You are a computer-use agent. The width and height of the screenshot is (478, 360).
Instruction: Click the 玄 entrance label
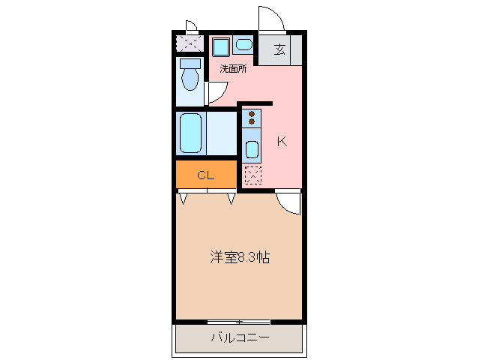280,50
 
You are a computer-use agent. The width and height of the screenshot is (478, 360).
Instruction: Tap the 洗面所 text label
233,69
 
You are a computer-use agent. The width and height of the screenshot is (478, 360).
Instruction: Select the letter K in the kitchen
282,141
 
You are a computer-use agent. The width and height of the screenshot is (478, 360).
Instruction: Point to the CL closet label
206,175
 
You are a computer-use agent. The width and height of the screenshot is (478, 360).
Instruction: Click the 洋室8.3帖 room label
239,258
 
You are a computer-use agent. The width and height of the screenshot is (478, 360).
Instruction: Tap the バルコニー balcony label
239,337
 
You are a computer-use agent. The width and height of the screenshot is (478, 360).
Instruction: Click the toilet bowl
190,78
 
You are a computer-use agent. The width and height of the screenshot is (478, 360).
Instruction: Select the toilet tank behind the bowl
191,63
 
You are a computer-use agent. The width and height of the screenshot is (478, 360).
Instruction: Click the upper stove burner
252,114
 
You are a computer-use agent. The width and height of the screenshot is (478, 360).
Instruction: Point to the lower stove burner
252,121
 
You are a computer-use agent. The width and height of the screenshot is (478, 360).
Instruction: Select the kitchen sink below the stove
252,148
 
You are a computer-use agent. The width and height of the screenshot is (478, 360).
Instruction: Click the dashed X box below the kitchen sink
253,175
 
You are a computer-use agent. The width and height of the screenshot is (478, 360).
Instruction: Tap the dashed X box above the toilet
190,43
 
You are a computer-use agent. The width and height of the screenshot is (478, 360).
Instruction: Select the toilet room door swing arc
216,92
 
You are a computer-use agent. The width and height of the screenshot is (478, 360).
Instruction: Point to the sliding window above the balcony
238,322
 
